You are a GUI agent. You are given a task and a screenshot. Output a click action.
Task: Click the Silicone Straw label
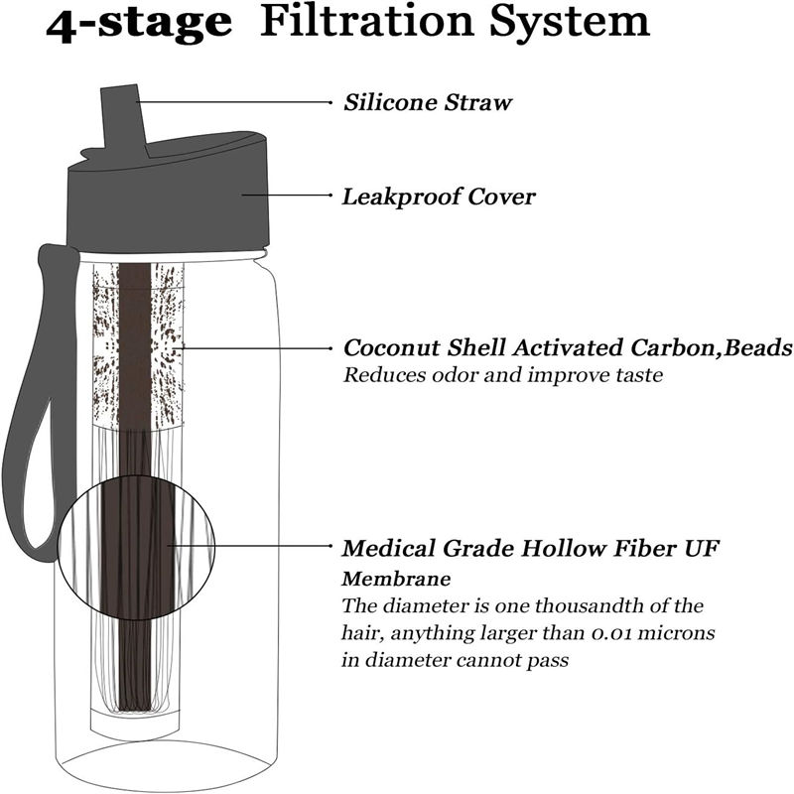coord(428,102)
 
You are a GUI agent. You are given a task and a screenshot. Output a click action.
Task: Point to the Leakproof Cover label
coord(439,197)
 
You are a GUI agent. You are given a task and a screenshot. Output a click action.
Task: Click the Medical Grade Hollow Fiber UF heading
coord(530,548)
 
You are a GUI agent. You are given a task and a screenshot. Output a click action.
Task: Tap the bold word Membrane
coord(396,579)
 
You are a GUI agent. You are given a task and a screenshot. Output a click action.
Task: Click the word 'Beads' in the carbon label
coord(757,348)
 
